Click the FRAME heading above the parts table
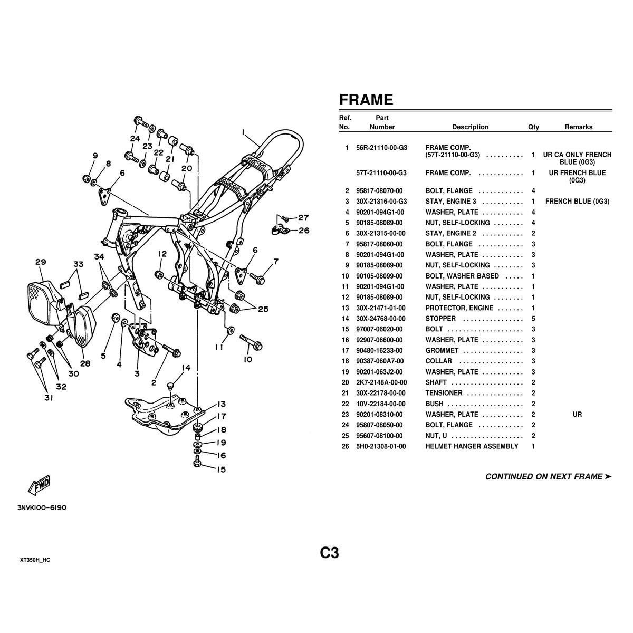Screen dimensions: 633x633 click(x=366, y=100)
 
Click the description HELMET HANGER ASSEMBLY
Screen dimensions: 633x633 click(x=472, y=446)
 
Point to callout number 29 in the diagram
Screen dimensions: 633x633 click(x=41, y=262)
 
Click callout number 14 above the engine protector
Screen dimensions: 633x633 click(x=186, y=368)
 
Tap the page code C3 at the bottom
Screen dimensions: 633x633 click(x=330, y=553)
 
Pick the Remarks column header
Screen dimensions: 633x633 click(x=579, y=127)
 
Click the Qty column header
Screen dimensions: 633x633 click(x=533, y=127)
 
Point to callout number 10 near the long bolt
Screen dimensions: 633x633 click(x=248, y=359)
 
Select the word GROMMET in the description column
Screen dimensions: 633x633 click(x=442, y=350)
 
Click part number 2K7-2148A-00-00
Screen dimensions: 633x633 click(x=381, y=382)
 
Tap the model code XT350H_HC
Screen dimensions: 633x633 click(x=35, y=560)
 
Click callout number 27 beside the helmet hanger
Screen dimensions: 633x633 click(x=303, y=218)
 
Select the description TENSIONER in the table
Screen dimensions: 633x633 click(x=444, y=393)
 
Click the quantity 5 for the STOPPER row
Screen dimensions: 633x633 click(x=533, y=318)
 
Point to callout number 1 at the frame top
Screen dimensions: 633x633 click(x=243, y=132)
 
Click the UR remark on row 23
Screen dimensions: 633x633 click(x=577, y=414)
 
